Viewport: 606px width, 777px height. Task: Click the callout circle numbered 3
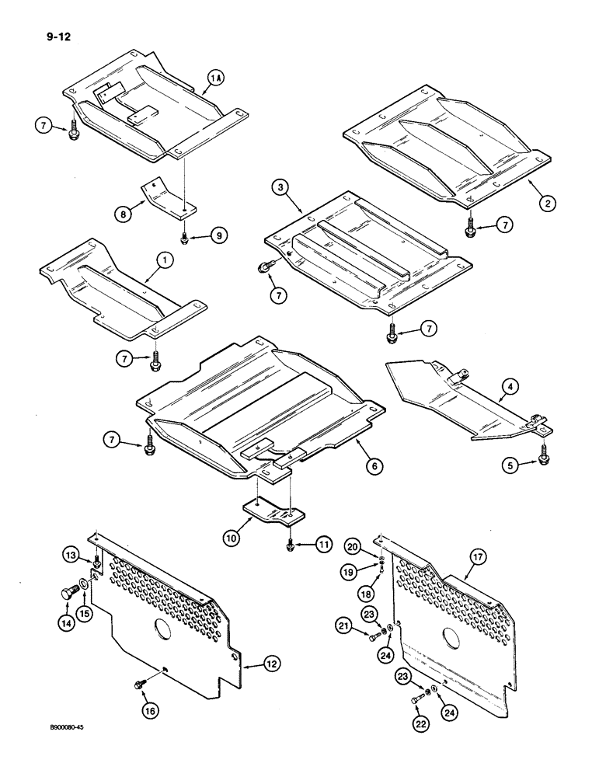(281, 186)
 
